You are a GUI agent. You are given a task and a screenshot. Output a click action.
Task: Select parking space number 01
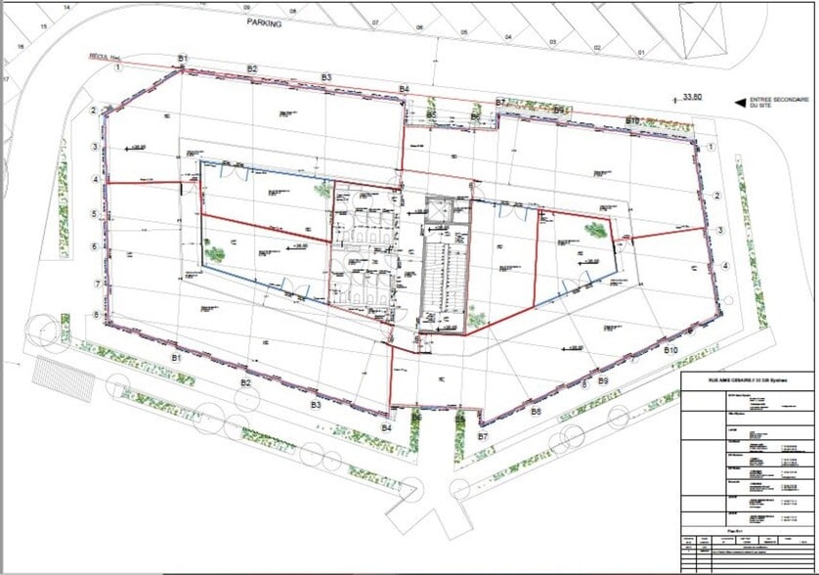[x=642, y=51]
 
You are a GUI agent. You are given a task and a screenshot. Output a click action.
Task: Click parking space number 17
[x=6, y=78]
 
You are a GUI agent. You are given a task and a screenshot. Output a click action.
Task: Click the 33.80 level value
[x=693, y=97]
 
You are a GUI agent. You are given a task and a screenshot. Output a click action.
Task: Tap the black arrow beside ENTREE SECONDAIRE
[x=740, y=101]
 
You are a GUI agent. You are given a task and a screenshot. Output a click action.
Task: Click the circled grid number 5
[x=95, y=213]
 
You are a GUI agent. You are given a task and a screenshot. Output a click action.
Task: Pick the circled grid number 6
[x=95, y=246]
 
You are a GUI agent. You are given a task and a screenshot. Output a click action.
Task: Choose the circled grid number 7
[x=95, y=283]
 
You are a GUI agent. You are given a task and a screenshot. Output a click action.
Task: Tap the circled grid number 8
[x=95, y=316]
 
